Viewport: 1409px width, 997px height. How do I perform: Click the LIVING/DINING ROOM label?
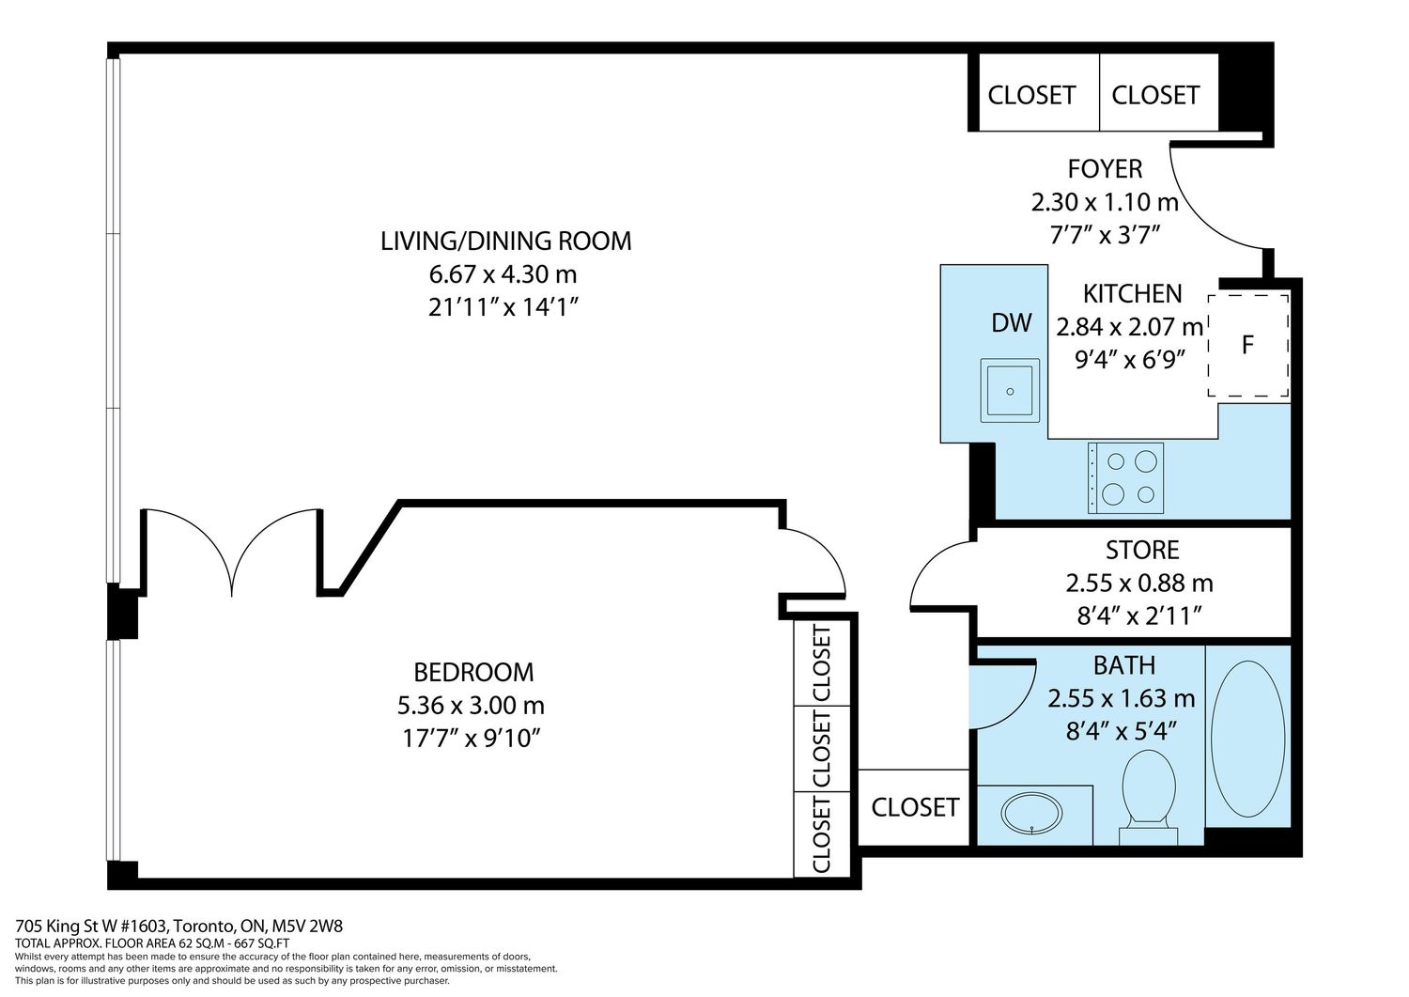point(505,241)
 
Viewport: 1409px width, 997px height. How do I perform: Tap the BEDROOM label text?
point(473,672)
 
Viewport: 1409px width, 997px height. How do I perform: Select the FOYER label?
point(1105,169)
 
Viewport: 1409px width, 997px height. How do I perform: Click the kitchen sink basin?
point(1010,390)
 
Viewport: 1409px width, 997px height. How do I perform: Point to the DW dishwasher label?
point(1012,323)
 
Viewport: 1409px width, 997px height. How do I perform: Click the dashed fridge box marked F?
point(1248,345)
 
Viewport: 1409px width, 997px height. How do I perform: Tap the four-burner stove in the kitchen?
point(1126,477)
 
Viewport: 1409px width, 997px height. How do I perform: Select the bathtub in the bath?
point(1248,739)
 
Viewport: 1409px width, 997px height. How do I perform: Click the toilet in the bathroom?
point(1149,797)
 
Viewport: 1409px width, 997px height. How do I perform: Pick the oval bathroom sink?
point(1031,813)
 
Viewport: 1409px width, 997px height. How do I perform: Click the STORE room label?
point(1142,550)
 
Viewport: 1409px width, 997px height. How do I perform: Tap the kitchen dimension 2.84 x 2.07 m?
point(1130,327)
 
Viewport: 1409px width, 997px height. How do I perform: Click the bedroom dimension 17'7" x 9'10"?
point(472,738)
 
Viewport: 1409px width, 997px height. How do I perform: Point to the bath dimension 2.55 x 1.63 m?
point(1121,699)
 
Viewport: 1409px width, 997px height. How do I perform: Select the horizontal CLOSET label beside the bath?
point(915,807)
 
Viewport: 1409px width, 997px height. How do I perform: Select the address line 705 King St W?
point(178,926)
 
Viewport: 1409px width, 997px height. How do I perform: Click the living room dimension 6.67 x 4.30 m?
point(503,274)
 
